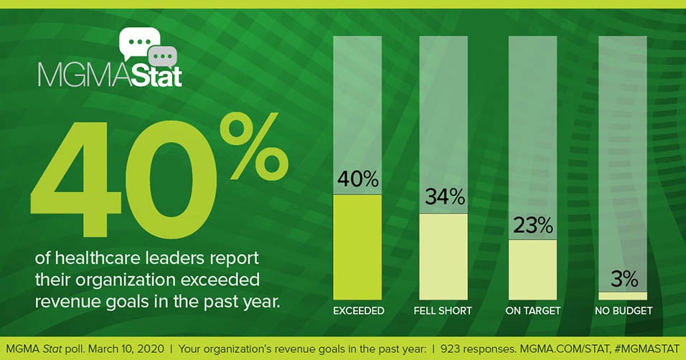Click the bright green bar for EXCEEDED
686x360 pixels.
tap(357, 247)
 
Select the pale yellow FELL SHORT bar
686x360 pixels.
tap(443, 257)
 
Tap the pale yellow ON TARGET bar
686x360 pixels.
tap(533, 270)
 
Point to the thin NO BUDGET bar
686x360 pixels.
tap(623, 296)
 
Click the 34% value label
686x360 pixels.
tap(445, 196)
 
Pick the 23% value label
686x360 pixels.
tap(533, 225)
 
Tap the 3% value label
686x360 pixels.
tap(624, 279)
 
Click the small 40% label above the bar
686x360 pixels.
tap(358, 179)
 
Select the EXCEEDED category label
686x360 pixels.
tap(359, 311)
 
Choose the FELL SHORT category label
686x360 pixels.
tap(443, 311)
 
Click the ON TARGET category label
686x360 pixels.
tap(533, 311)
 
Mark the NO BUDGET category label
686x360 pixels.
tap(624, 311)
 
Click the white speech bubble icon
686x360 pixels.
tap(138, 42)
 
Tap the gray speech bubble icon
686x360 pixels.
tap(162, 57)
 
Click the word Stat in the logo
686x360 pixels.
tap(156, 75)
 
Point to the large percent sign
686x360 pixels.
tap(254, 146)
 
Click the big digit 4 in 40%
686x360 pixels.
tap(75, 180)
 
